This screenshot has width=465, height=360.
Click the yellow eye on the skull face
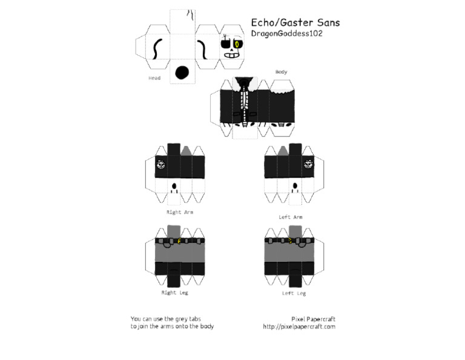[238, 44]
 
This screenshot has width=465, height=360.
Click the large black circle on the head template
[182, 73]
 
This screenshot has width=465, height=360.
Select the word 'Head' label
[154, 78]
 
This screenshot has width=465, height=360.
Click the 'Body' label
[281, 72]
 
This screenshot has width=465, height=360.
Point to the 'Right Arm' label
[180, 212]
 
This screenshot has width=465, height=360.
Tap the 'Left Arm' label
[291, 217]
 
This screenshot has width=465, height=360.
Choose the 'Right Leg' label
[174, 293]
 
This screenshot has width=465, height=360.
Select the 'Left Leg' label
[294, 293]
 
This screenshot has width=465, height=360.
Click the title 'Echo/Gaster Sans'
[295, 23]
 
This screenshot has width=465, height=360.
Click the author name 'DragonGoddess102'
[286, 34]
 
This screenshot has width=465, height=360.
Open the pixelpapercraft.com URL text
[299, 327]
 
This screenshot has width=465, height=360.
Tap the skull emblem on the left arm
[308, 164]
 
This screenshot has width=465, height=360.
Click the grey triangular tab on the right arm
[187, 150]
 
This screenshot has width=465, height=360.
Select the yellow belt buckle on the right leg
[179, 241]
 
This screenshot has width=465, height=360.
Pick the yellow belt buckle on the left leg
[291, 241]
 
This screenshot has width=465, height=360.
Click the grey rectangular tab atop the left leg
[295, 231]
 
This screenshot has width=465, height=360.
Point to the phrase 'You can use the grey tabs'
[165, 319]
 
